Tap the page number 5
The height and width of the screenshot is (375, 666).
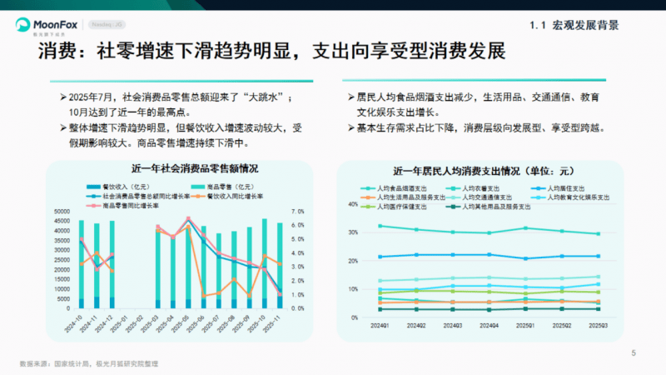coord(634,353)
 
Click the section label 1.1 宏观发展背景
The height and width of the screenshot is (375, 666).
coord(574,25)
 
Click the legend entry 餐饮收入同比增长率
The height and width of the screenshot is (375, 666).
coord(237,196)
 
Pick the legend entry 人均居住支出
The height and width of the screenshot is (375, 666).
coord(565,188)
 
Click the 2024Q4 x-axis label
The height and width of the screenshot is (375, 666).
coord(489,326)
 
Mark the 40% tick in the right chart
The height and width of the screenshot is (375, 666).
coord(353,204)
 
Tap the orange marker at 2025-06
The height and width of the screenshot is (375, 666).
coord(204,296)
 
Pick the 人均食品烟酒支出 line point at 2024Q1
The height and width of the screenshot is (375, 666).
coord(380,226)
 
